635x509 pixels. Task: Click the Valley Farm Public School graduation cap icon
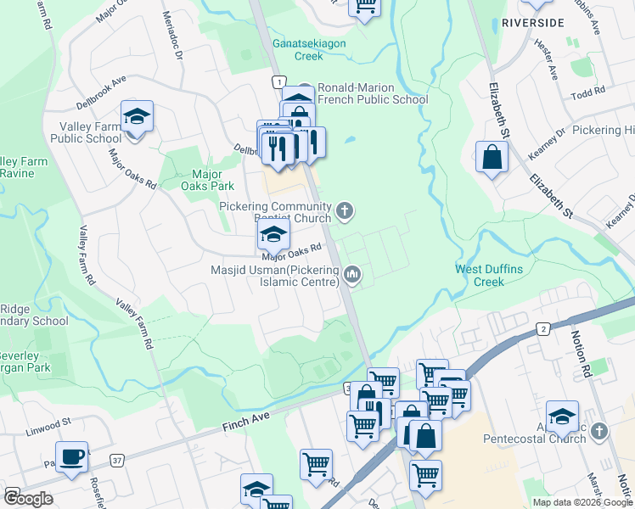[x=136, y=117]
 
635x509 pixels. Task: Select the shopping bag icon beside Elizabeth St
[x=492, y=157]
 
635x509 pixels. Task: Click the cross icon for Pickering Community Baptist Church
[x=344, y=210]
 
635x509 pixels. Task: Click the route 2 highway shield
[x=542, y=329]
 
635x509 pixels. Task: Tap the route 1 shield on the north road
[x=278, y=81]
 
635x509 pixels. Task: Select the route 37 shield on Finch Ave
[x=117, y=461]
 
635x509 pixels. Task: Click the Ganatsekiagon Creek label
[x=297, y=49]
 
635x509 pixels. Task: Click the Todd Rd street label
[x=587, y=92]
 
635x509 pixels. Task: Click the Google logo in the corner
[x=28, y=498]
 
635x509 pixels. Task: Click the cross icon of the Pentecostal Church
[x=599, y=432]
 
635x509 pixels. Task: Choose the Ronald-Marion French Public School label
[x=372, y=93]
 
